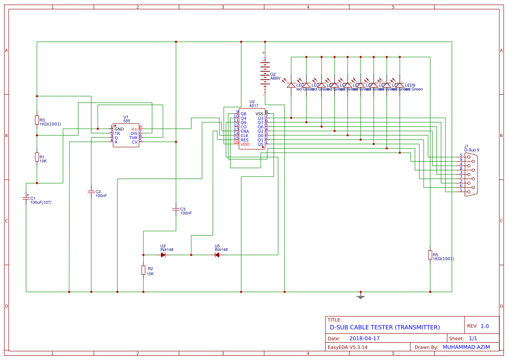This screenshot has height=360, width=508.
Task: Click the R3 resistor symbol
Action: coord(37,120)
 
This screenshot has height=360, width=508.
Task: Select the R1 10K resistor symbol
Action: coord(37,157)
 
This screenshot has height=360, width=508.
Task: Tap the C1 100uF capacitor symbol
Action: coord(26,198)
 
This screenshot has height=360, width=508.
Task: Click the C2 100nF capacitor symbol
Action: coord(91,191)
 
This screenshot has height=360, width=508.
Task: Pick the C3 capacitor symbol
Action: coord(176,209)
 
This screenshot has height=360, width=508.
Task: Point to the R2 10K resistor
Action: coord(143,270)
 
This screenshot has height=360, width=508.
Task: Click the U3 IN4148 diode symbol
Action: coord(163,255)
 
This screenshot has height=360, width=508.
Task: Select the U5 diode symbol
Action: coord(217,255)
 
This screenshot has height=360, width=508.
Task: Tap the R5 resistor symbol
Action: coord(430,255)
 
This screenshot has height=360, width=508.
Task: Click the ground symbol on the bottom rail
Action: coord(360,296)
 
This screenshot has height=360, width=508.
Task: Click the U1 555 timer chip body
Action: coord(126,136)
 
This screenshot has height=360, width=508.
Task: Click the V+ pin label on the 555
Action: coord(134,129)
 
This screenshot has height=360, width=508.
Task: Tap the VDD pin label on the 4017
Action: coord(245,144)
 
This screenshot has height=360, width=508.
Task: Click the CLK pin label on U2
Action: coord(245,136)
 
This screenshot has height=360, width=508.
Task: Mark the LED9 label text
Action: coord(410,85)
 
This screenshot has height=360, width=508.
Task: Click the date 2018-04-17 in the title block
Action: coord(364,338)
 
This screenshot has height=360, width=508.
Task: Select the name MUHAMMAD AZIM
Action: coord(466,347)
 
